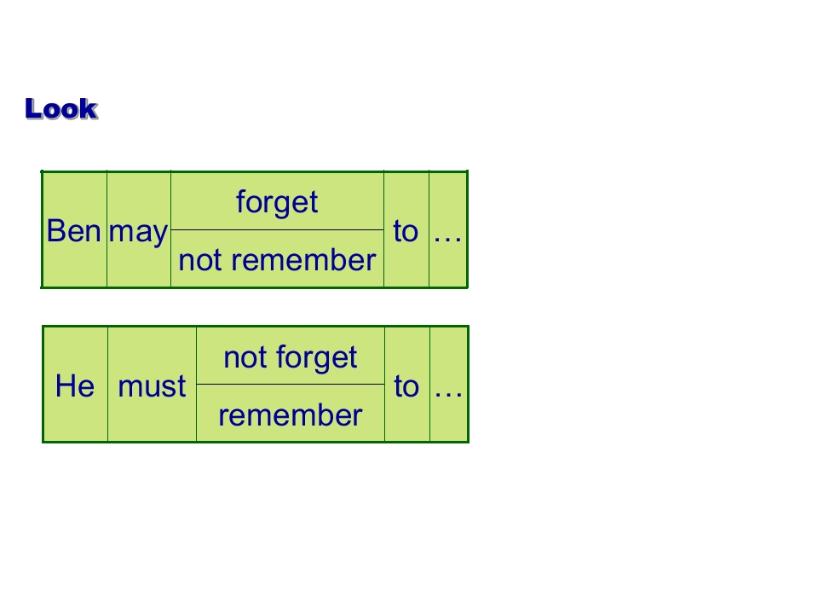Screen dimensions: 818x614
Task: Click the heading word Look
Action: (x=61, y=108)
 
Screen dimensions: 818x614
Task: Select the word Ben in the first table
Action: (x=73, y=231)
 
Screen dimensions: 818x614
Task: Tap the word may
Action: (x=138, y=232)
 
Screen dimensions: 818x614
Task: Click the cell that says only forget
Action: (x=277, y=200)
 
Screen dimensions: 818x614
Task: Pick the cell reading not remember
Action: (x=277, y=259)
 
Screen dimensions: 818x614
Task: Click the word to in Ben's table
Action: (x=406, y=231)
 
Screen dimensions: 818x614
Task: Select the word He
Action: (x=75, y=385)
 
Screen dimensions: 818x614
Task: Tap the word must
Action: (x=152, y=386)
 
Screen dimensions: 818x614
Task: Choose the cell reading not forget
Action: (x=291, y=356)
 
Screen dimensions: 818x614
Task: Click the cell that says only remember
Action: (x=291, y=414)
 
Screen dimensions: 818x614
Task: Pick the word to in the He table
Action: (x=406, y=386)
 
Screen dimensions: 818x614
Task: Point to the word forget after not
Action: (x=317, y=358)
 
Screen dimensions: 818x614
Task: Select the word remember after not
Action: (x=303, y=259)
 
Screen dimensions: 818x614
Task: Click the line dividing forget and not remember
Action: (x=277, y=229)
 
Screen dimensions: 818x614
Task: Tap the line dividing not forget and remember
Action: (x=291, y=385)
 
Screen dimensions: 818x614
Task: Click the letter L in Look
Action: (x=33, y=108)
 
